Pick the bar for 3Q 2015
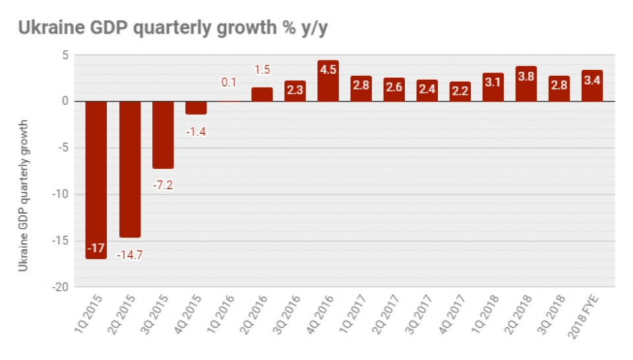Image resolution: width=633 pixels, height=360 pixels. tap(163, 135)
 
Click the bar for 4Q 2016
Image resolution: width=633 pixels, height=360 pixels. tap(328, 81)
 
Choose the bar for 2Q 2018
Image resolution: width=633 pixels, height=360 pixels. tap(526, 84)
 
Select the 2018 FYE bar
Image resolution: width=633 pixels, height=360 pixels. tap(591, 86)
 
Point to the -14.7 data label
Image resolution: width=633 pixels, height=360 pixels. tap(129, 255)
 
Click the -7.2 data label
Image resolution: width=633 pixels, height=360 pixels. tap(163, 185)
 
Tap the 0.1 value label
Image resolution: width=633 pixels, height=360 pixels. tap(229, 83)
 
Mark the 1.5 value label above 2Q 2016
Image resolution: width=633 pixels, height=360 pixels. tap(262, 70)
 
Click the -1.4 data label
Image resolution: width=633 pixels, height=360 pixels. tap(196, 131)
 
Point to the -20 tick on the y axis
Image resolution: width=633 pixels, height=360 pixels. tap(60, 287)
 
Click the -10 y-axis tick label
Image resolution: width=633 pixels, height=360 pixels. tap(60, 195)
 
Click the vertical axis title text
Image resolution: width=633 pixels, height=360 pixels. tap(24, 195)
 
